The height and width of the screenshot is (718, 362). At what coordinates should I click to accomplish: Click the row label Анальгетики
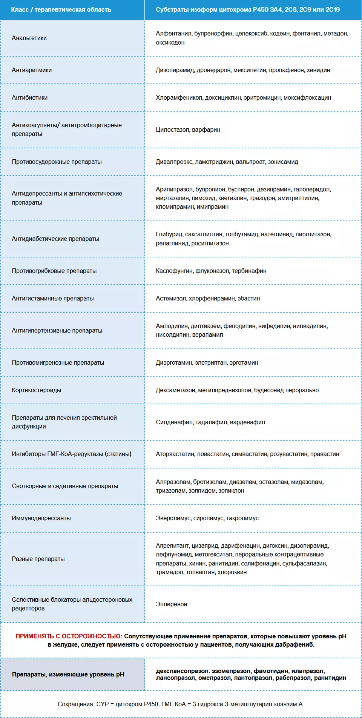29,38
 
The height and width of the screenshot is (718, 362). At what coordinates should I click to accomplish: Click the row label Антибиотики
29,98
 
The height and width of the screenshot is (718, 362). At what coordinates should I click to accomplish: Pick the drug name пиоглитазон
313,234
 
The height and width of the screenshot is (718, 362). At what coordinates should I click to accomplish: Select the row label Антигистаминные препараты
52,299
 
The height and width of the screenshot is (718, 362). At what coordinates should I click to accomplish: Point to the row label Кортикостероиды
36,390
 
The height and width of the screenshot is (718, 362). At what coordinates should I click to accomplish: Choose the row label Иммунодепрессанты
41,518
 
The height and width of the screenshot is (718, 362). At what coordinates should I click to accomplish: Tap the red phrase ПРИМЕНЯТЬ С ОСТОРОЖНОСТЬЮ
68,636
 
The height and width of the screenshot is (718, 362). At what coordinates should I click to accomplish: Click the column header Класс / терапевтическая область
61,10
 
